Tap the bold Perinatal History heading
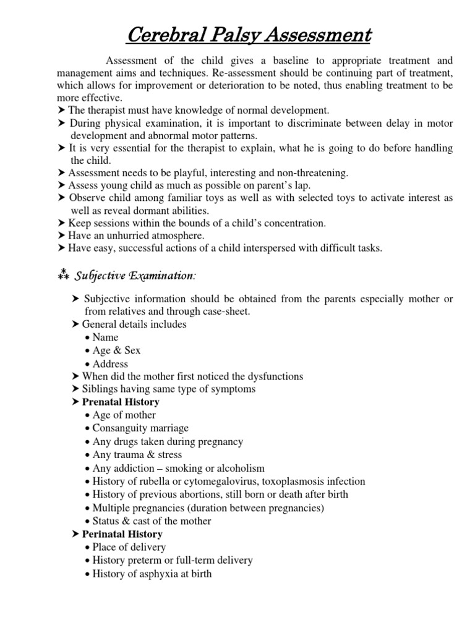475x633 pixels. [x=122, y=534]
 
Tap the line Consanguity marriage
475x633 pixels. [x=140, y=428]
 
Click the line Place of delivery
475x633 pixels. [x=129, y=547]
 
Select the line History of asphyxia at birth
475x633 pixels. [x=152, y=574]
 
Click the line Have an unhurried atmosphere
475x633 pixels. [x=136, y=236]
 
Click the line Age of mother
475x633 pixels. [x=124, y=415]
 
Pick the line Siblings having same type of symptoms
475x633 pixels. [x=168, y=389]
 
